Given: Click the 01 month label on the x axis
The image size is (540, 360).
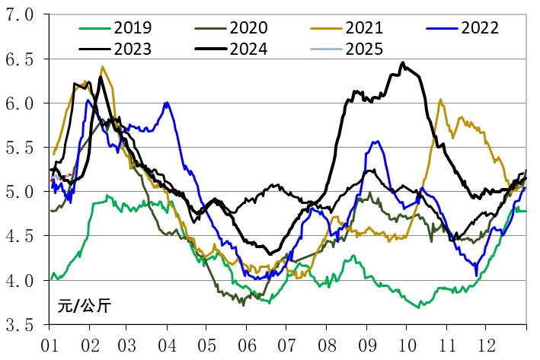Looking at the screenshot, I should (x=50, y=344).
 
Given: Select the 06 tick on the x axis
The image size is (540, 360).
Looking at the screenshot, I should (x=245, y=344).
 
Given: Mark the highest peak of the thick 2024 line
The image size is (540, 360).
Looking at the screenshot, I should (x=403, y=63).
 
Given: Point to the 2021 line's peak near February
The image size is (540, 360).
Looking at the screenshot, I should (x=102, y=67).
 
